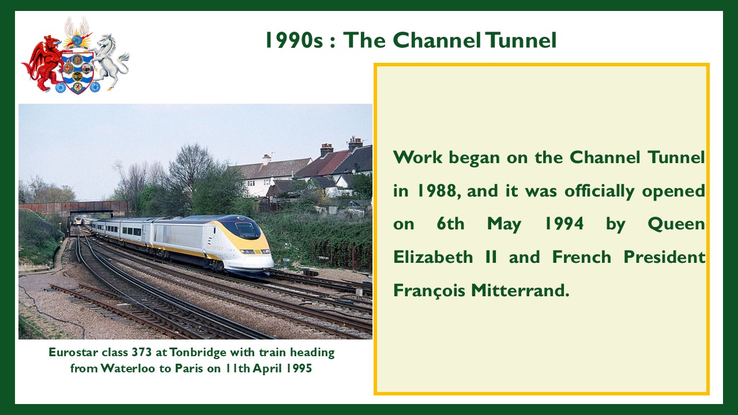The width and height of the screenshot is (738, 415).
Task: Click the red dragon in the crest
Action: (x=43, y=63)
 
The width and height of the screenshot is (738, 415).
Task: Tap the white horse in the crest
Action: (x=110, y=61)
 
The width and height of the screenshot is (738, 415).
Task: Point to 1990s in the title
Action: (x=294, y=40)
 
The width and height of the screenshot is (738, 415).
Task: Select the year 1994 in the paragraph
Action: (x=564, y=224)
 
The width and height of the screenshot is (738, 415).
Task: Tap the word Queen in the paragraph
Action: (x=676, y=225)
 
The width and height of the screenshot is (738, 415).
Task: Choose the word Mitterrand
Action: (x=520, y=290)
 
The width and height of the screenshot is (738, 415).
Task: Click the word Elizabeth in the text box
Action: (x=433, y=257)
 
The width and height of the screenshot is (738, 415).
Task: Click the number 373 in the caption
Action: (x=142, y=352)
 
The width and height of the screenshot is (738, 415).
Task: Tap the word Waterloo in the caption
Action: (x=127, y=368)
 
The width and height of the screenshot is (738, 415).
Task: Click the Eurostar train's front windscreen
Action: (x=248, y=230)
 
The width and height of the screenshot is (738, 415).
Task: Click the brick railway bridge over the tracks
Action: (x=73, y=208)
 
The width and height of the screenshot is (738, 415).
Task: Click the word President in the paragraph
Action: (x=664, y=257)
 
